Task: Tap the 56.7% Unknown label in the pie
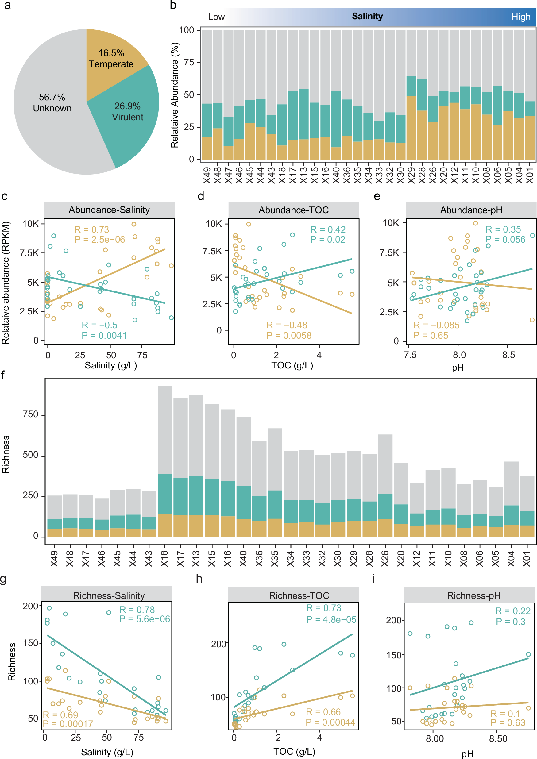pyautogui.click(x=52, y=102)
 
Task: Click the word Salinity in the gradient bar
pyautogui.click(x=367, y=16)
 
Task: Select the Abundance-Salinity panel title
pyautogui.click(x=109, y=210)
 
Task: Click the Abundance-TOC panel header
pyautogui.click(x=293, y=210)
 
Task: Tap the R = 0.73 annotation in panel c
pyautogui.click(x=91, y=229)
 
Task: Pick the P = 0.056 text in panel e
pyautogui.click(x=505, y=240)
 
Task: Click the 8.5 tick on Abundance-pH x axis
pyautogui.click(x=508, y=355)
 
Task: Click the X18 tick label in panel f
pyautogui.click(x=164, y=558)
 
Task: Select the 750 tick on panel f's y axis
pyautogui.click(x=30, y=414)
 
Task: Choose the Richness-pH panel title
pyautogui.click(x=473, y=596)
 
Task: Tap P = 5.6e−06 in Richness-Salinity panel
pyautogui.click(x=145, y=619)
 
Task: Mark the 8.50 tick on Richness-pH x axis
pyautogui.click(x=498, y=738)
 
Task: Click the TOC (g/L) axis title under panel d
pyautogui.click(x=292, y=365)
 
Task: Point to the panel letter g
pyautogui.click(x=3, y=579)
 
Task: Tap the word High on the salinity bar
pyautogui.click(x=521, y=17)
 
